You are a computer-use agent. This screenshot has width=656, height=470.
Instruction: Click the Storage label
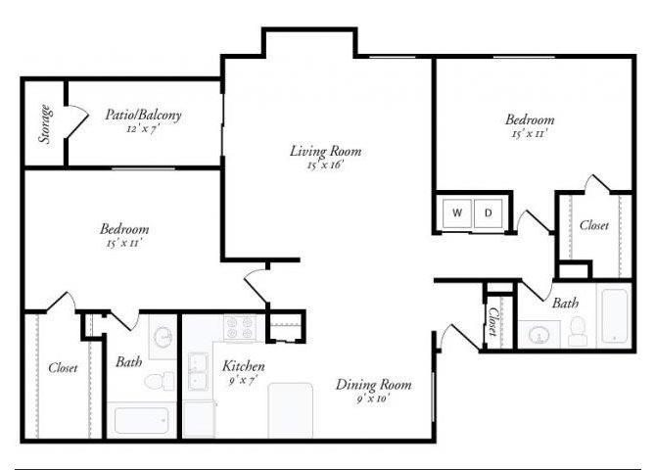click(x=45, y=123)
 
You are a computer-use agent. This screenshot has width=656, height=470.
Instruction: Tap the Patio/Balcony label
click(x=144, y=115)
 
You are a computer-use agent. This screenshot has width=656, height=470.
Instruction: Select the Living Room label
click(x=325, y=151)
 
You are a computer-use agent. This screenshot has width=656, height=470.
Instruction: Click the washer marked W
click(x=457, y=211)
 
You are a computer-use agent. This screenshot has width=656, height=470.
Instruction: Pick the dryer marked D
click(x=488, y=211)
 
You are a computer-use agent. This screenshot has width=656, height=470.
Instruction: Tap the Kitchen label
click(x=244, y=366)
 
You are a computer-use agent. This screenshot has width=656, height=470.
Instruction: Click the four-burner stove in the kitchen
click(x=239, y=328)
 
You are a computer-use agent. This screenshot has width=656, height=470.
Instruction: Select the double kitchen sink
click(x=199, y=371)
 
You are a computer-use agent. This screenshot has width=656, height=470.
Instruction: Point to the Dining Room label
click(x=374, y=384)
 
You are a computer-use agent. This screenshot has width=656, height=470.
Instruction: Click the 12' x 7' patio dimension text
click(x=144, y=128)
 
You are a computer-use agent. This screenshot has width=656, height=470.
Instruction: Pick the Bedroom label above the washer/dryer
click(x=530, y=120)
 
